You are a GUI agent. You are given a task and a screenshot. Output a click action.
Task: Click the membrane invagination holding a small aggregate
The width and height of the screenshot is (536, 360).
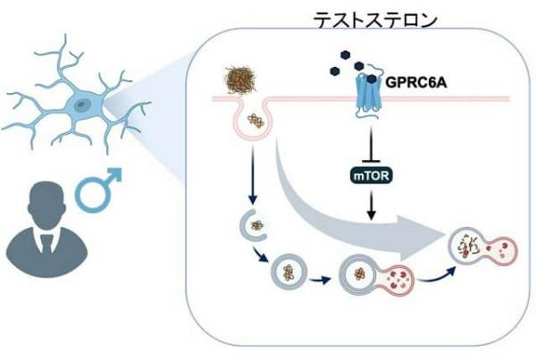click(x=253, y=121)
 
